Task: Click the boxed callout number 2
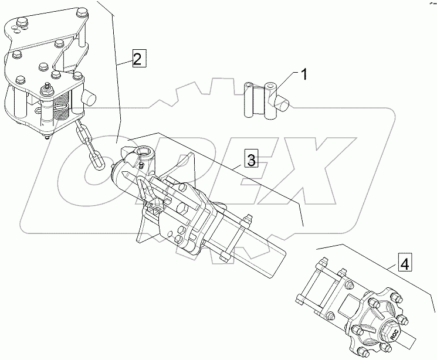[136, 59]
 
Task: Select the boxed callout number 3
[250, 159]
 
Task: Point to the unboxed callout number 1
[304, 74]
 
